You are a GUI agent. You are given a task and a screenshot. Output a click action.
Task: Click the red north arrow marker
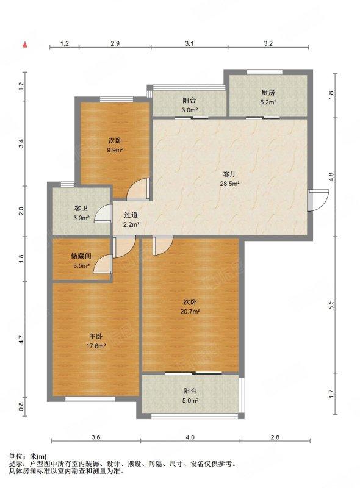pos(25,44)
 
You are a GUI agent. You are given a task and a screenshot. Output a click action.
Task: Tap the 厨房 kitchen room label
pos(268,93)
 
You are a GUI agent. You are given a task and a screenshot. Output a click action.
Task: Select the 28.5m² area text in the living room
pos(230,184)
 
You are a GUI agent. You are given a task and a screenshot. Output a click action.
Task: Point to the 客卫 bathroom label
pos(81,208)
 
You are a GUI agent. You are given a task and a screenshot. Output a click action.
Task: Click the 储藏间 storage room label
pos(81,256)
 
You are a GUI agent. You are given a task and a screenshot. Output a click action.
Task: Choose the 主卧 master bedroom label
pos(96,336)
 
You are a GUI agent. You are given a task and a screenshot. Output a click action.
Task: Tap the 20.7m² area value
pos(190,311)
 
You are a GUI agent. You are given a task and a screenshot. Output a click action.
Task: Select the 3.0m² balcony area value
pos(190,110)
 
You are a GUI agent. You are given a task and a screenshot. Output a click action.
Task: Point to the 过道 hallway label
pos(131,215)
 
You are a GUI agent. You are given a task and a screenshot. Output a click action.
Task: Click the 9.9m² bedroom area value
pos(115,150)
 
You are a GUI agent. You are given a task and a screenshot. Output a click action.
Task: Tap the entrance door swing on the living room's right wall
pos(318,200)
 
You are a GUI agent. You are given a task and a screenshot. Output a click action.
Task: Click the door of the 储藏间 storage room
pos(103,264)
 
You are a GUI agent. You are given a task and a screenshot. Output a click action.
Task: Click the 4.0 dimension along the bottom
pos(190,437)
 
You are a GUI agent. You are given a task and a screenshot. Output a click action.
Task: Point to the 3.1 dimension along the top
pos(189,43)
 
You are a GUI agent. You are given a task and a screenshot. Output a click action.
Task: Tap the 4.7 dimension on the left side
pos(21,339)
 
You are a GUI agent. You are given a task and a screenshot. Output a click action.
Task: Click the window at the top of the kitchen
pos(264,72)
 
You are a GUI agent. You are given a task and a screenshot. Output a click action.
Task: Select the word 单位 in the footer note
pos(16,457)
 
